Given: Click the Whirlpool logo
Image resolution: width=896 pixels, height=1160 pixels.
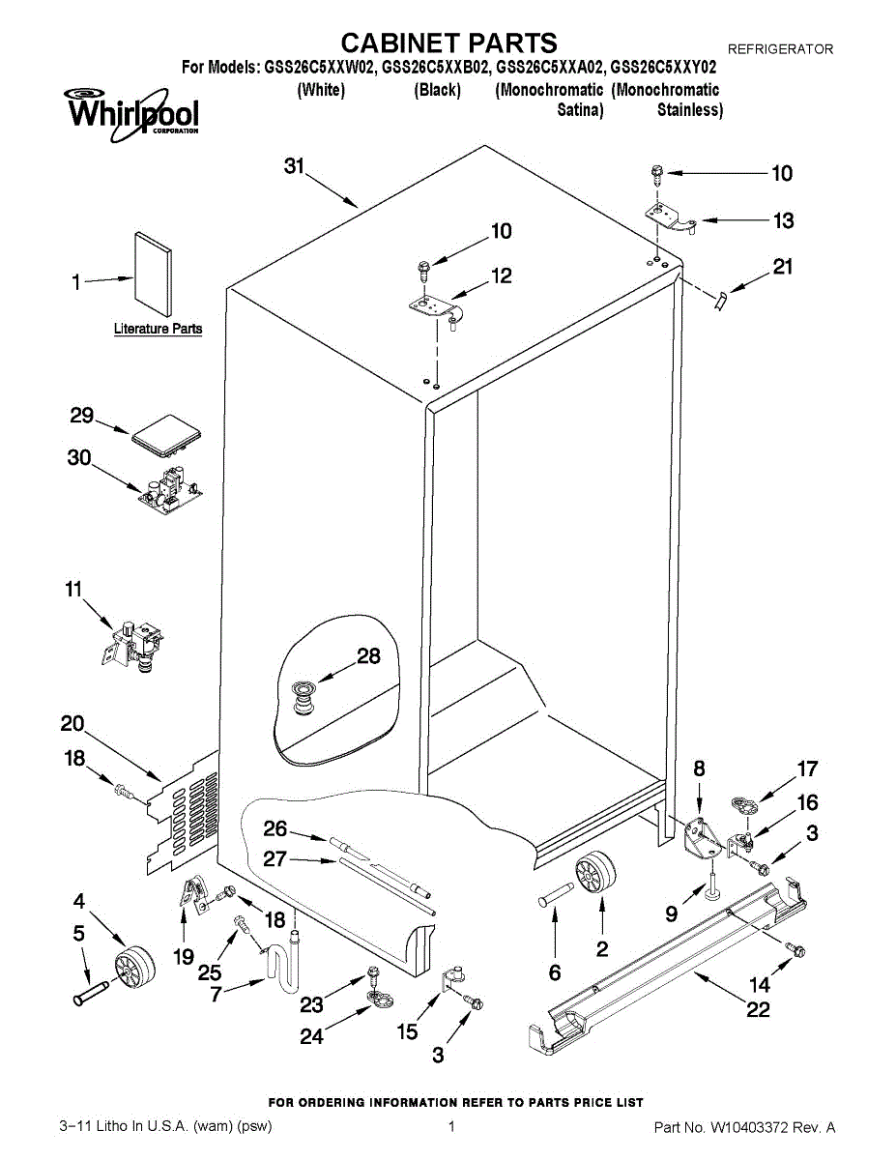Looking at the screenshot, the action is point(131,115).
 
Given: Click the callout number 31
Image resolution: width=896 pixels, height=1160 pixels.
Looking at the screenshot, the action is point(294,166).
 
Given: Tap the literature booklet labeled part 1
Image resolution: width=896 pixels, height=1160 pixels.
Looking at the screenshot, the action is point(153,274).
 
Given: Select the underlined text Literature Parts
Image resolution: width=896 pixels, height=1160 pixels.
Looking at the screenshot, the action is point(158,329).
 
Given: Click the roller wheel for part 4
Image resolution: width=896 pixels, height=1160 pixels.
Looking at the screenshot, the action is point(134,968).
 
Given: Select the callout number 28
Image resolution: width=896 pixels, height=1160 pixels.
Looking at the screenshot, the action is point(368,656).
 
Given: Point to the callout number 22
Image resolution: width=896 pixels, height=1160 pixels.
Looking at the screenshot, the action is point(758,1009).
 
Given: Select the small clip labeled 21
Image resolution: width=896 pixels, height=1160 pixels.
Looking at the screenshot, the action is point(720,301).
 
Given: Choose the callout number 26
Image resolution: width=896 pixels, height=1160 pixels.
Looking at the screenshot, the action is point(275,828).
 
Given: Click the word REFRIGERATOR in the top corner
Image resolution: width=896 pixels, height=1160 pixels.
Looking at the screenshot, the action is point(780,49).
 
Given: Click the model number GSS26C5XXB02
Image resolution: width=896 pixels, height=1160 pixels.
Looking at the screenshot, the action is point(436,68).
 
